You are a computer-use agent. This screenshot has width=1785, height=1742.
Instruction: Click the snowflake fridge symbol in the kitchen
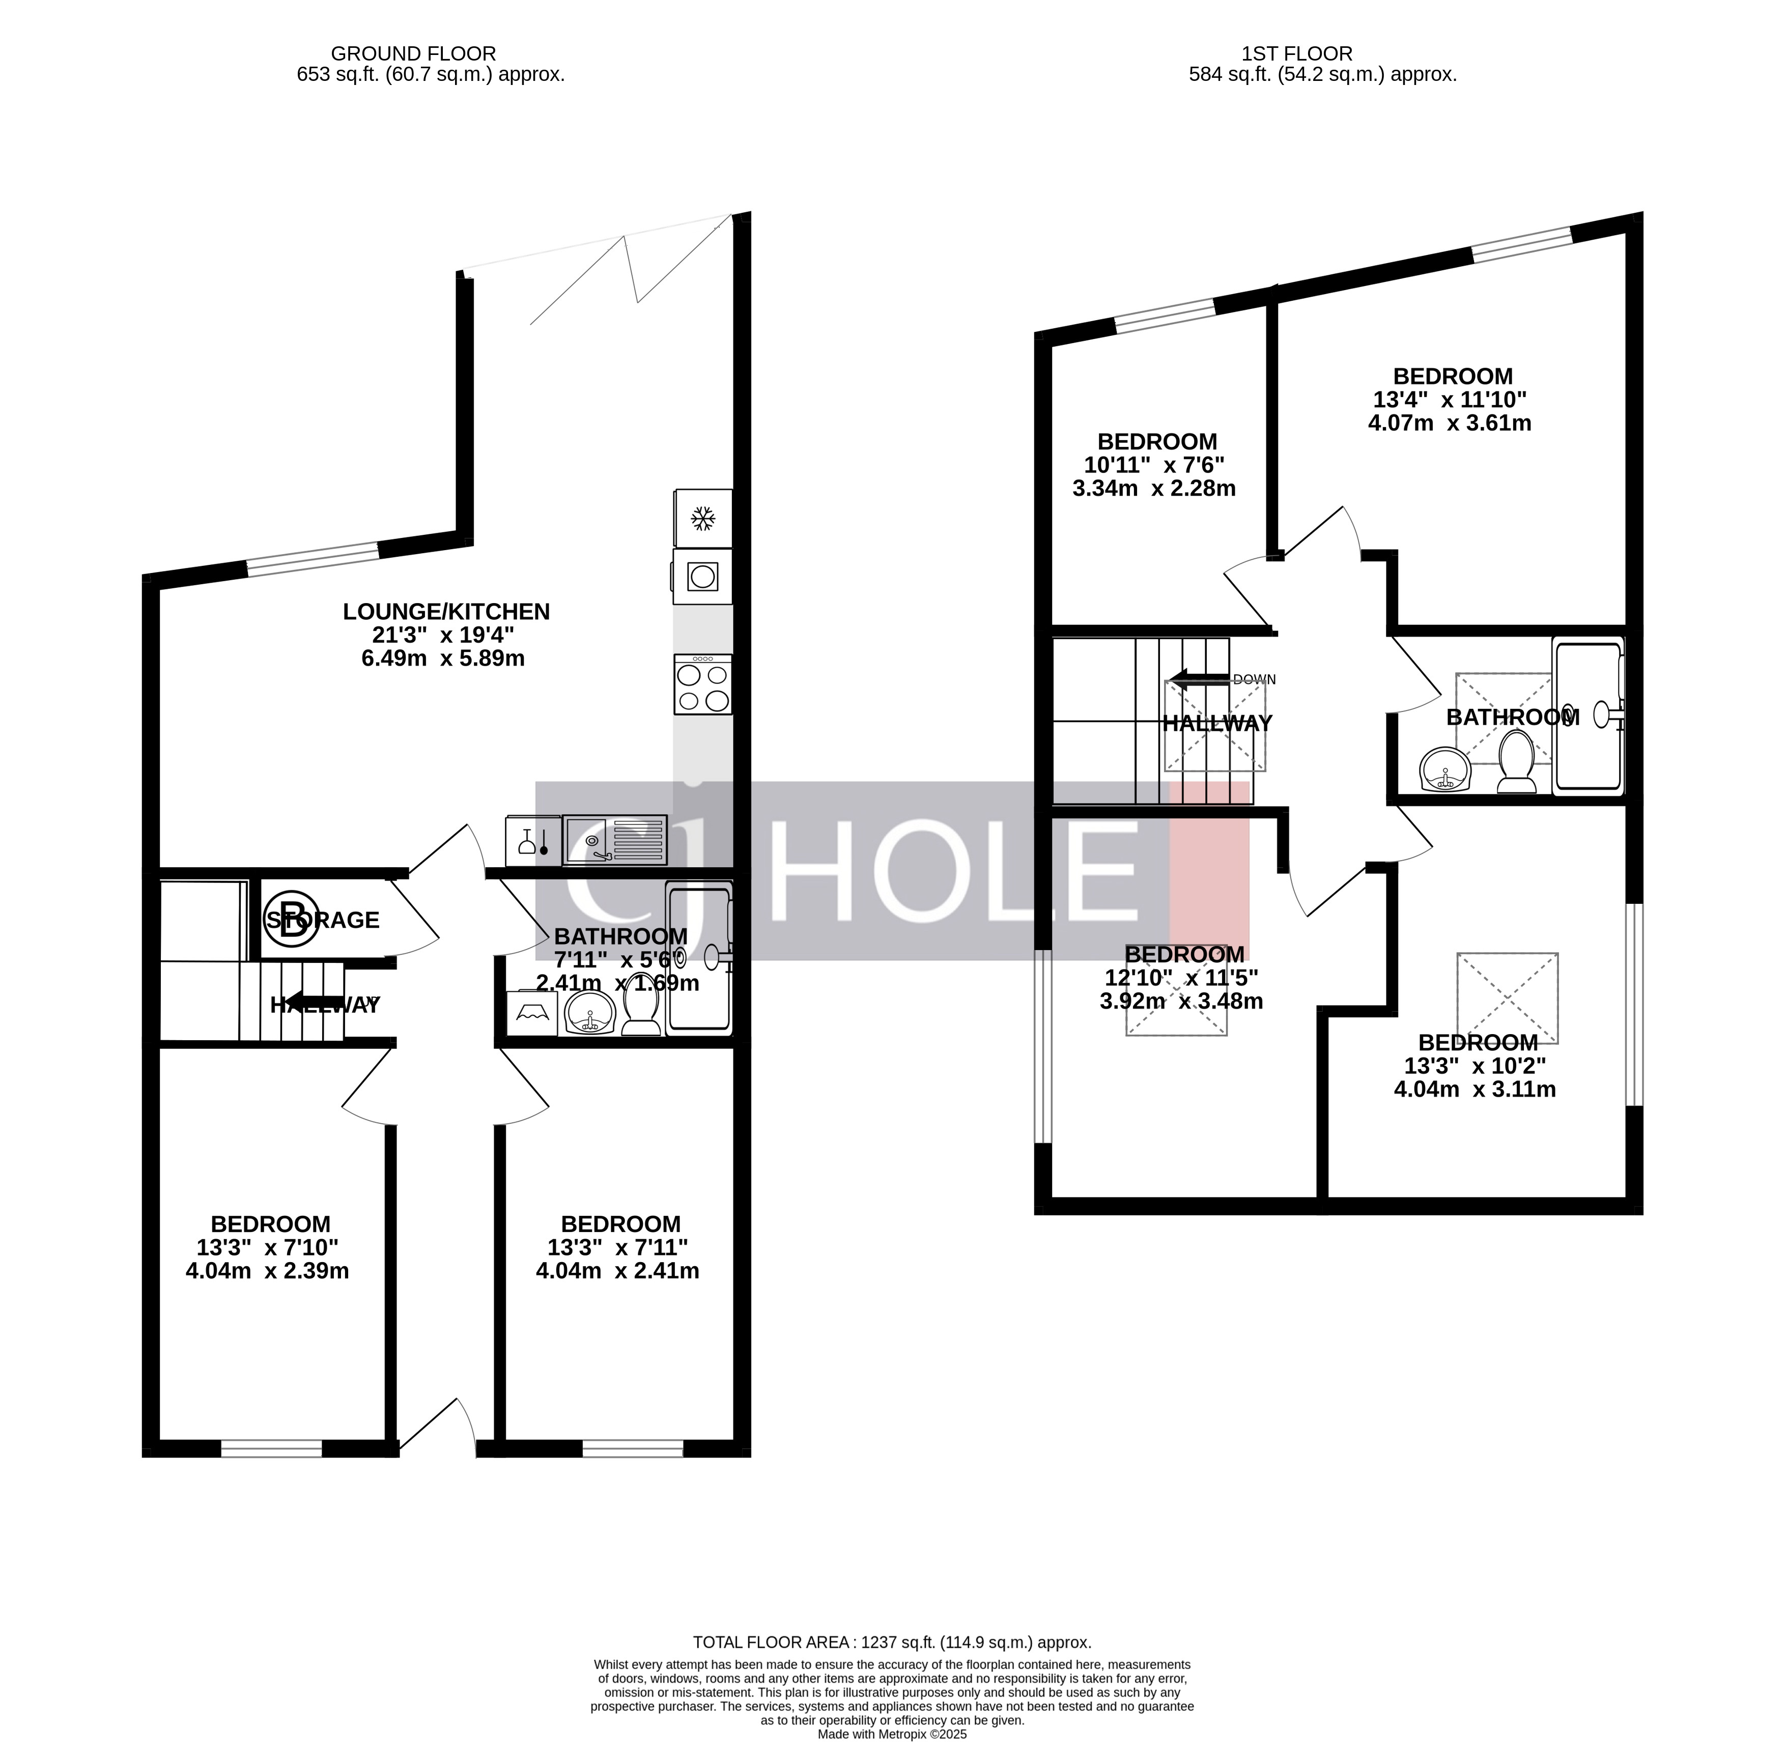pos(703,519)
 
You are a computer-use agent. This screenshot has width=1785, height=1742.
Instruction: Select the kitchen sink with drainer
pos(615,840)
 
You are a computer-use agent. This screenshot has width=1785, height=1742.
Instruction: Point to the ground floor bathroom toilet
pos(641,1013)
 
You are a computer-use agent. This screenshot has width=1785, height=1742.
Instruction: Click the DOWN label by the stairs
pos(1254,680)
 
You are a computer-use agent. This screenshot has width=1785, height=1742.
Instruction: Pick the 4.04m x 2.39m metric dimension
pos(267,1271)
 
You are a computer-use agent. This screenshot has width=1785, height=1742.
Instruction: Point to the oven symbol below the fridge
pos(703,577)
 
